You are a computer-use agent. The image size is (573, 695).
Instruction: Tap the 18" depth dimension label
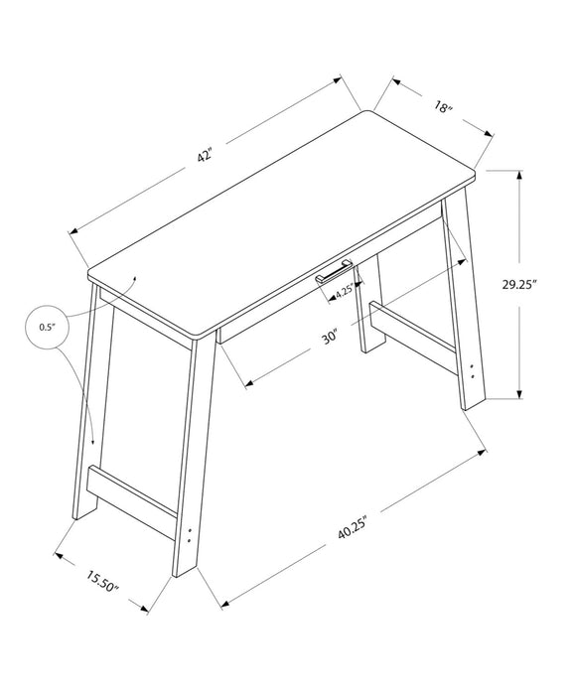click(x=443, y=107)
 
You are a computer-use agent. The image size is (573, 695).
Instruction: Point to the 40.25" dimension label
click(x=353, y=529)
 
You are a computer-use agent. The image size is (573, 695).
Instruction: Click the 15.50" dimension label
click(x=101, y=583)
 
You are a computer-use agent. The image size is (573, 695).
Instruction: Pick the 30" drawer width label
click(x=330, y=336)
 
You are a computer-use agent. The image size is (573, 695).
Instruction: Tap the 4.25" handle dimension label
click(x=345, y=293)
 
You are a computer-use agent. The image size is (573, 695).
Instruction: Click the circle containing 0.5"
click(x=47, y=327)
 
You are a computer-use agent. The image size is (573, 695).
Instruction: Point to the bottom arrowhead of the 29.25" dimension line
click(x=518, y=393)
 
